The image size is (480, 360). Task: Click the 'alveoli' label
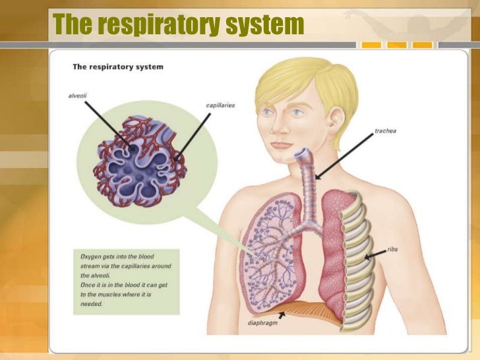pos(77,96)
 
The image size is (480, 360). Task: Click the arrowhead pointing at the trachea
pos(317,177)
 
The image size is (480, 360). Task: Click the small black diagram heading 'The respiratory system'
pos(117,67)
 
